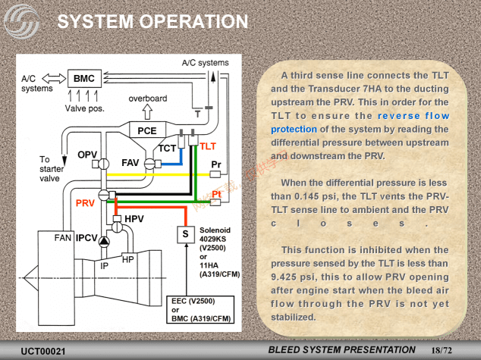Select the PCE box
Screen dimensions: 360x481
(x=146, y=130)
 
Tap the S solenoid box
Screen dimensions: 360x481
(x=185, y=235)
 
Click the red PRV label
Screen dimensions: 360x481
(x=85, y=203)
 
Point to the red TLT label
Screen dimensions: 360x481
(x=209, y=145)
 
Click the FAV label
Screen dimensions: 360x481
(x=130, y=163)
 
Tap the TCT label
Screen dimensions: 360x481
(x=167, y=148)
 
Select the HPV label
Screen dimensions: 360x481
(x=134, y=219)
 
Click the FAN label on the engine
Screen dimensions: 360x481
(x=63, y=238)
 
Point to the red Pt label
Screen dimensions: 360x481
(x=216, y=195)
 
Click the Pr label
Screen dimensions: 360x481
(x=216, y=164)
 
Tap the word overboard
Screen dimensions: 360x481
(x=148, y=99)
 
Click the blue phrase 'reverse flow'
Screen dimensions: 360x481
(x=413, y=116)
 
